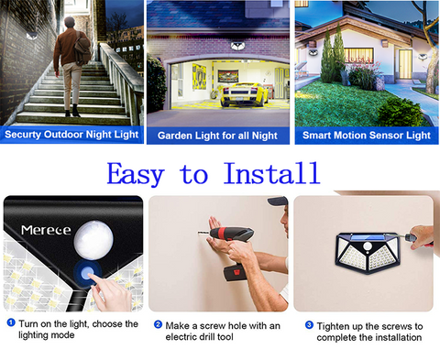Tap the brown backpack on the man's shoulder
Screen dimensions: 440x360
[x=82, y=49]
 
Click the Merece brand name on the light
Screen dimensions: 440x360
[x=46, y=230]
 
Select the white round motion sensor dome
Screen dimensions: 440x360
[x=93, y=240]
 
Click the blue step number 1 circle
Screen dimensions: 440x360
[x=11, y=322]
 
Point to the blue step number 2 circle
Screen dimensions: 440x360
[x=158, y=324]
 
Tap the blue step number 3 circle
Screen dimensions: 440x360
[x=309, y=325]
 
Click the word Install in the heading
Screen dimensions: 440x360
[x=271, y=173]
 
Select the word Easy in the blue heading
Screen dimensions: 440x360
[x=136, y=174]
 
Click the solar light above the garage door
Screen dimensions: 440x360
[x=239, y=46]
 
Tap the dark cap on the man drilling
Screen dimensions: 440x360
[x=278, y=201]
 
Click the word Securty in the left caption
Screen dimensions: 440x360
[x=23, y=135]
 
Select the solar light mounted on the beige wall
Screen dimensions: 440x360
[x=368, y=253]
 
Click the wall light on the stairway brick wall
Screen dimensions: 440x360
[x=31, y=36]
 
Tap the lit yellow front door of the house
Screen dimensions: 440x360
[x=405, y=64]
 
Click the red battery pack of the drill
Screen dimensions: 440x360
[x=235, y=273]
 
